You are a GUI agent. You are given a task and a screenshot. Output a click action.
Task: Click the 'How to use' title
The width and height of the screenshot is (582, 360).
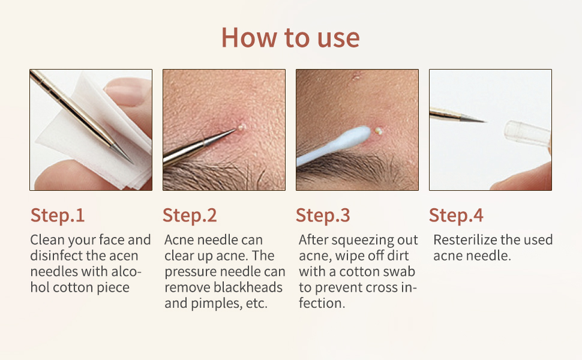(290, 37)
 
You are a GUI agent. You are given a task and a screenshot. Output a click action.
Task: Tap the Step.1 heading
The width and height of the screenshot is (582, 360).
(58, 215)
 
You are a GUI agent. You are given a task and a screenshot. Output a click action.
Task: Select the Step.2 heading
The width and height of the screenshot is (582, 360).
(190, 215)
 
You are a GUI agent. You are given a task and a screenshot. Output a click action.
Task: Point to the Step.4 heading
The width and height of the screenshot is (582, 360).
(456, 215)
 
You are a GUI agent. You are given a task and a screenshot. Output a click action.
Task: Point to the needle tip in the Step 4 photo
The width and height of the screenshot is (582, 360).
(482, 121)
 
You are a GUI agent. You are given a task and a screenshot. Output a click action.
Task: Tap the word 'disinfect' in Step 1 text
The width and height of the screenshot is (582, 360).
(56, 256)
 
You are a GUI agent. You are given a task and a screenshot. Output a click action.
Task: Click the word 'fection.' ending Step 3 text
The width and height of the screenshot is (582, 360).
(322, 303)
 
